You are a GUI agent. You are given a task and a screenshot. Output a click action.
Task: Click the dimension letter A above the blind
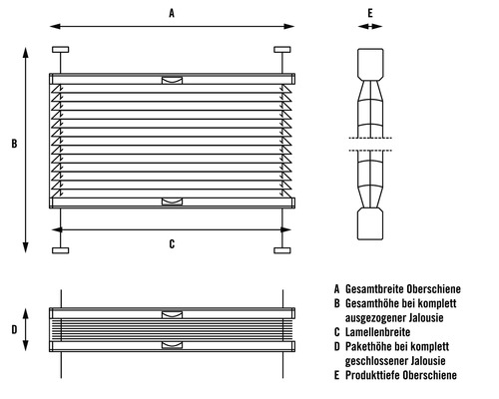(172, 13)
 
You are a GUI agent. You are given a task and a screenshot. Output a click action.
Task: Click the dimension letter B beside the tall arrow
(14, 144)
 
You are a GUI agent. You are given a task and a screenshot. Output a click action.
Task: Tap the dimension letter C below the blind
(172, 244)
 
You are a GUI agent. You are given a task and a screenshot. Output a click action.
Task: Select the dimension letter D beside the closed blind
(14, 329)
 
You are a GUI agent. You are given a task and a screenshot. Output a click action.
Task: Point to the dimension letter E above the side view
(370, 13)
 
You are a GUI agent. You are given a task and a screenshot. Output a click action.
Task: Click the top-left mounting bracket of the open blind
(61, 50)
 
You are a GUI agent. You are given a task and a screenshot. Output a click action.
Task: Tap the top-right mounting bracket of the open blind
(282, 50)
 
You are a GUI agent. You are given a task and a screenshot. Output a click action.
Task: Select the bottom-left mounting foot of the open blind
(61, 250)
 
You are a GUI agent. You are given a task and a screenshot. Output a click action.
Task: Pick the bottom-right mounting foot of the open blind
(282, 250)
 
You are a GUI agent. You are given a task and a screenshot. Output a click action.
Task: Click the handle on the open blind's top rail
(172, 80)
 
